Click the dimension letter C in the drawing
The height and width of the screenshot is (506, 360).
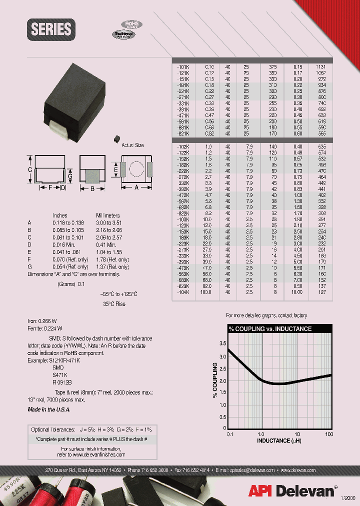coord(30,170)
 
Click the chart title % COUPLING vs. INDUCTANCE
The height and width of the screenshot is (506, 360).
coord(270,329)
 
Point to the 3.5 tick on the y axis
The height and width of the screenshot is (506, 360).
coord(222,343)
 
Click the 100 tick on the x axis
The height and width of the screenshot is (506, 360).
coord(329,434)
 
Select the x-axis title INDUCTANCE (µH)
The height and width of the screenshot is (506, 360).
coord(279,440)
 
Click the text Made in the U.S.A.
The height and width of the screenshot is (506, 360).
coord(49,409)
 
